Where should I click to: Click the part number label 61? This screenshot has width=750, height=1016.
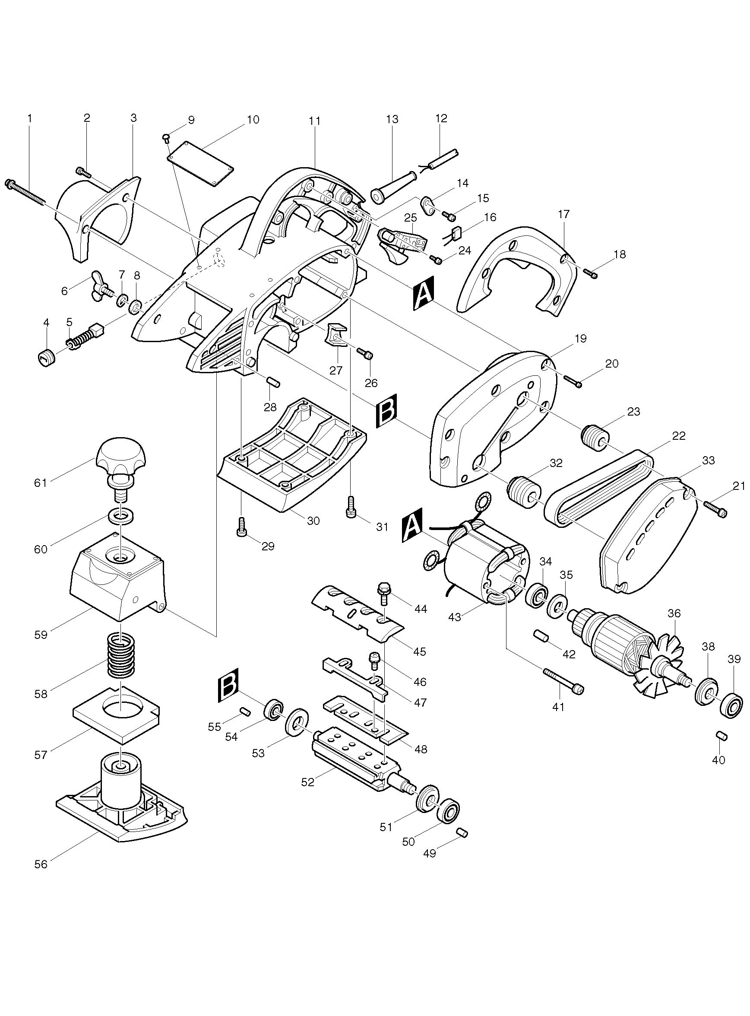[x=41, y=483]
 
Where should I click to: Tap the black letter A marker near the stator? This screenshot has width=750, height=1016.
[x=412, y=525]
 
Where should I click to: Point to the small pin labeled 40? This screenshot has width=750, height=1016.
[x=722, y=736]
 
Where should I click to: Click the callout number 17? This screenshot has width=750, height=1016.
[x=563, y=214]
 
